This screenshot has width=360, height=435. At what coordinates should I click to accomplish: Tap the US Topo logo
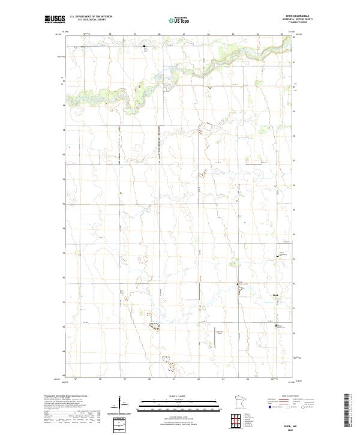pos(181,20)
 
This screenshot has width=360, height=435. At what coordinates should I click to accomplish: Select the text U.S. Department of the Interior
pos(91,17)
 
